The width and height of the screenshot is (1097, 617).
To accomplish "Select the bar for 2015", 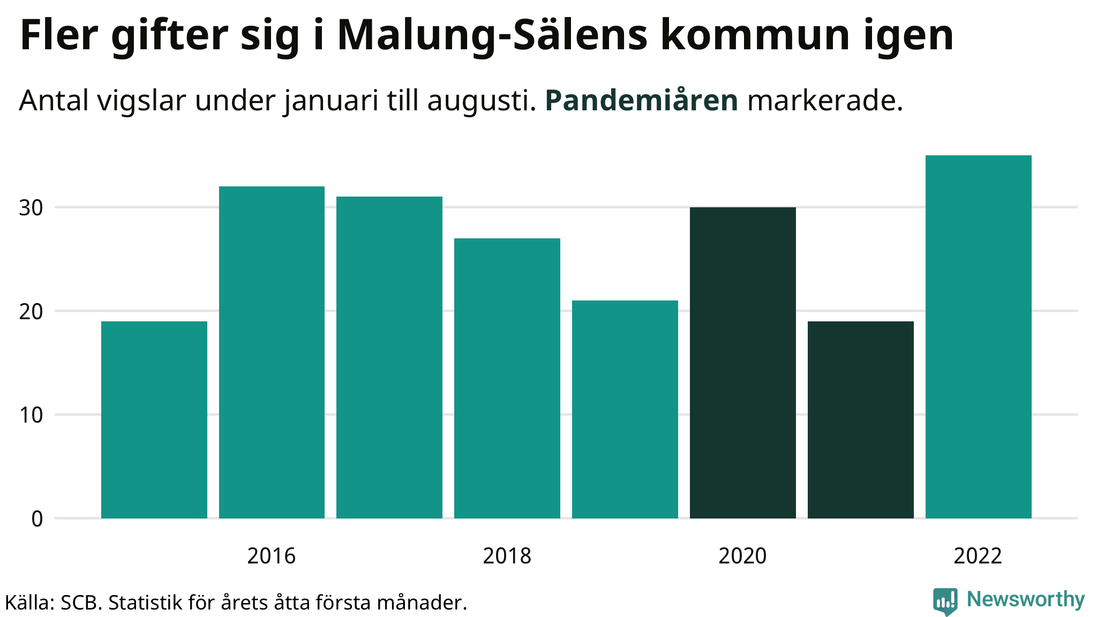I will pos(154,420).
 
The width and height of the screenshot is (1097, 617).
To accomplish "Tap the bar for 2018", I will pos(507,378).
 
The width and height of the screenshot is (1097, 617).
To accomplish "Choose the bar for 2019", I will pos(625,409).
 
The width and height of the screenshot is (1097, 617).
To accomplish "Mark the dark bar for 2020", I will pos(743,363).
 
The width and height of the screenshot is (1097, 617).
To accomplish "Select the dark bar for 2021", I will pos(861,420).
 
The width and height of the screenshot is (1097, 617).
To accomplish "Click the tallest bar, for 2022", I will pos(979,337).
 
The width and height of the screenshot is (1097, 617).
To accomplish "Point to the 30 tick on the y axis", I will pos(31,208).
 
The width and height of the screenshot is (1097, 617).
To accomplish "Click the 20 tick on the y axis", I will pos(31,311).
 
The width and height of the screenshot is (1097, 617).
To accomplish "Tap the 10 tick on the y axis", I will pos(31,415).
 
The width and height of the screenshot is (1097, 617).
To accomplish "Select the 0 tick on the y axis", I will pos(37,518).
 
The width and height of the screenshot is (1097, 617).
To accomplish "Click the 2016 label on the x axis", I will pos(272,556).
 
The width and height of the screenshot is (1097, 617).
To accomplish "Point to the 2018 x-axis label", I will pos(507,556).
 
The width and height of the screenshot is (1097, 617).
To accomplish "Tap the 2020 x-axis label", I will pos(743,556).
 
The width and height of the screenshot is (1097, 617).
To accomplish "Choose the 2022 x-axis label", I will pos(978,556).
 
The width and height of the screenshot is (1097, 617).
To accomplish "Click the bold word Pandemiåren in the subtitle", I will pos(642,100).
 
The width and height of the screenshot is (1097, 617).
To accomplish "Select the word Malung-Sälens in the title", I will pos(493,35).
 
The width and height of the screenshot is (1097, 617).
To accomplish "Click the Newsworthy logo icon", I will pos(945,601).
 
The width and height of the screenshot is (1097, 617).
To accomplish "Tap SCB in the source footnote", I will pos(80,603).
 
